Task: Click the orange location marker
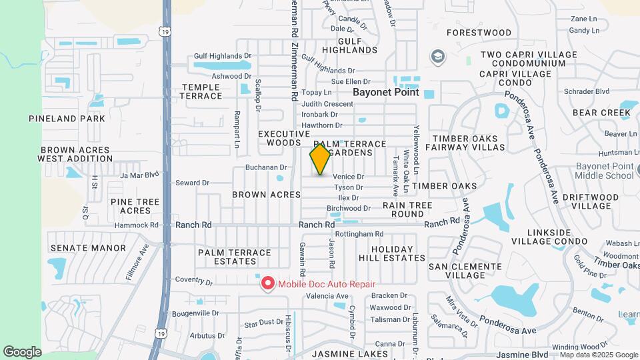320,159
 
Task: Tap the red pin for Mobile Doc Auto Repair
268,283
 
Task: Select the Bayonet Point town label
386,93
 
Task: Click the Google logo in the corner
22,352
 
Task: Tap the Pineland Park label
67,119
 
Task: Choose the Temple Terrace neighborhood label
201,91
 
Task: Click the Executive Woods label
284,138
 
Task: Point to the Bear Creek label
601,113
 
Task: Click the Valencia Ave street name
327,296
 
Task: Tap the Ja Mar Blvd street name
140,175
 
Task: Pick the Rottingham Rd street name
359,234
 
